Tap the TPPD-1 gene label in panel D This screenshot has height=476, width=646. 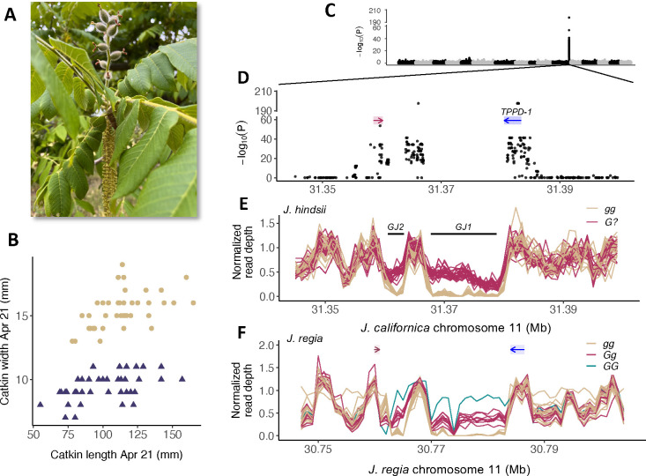pos(517,112)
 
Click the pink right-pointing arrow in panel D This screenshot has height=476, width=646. pos(379,121)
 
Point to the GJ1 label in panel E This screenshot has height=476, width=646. pos(464,227)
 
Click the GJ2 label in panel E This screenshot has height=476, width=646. pos(396,227)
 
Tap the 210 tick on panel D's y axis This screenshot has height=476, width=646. pos(270,92)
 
